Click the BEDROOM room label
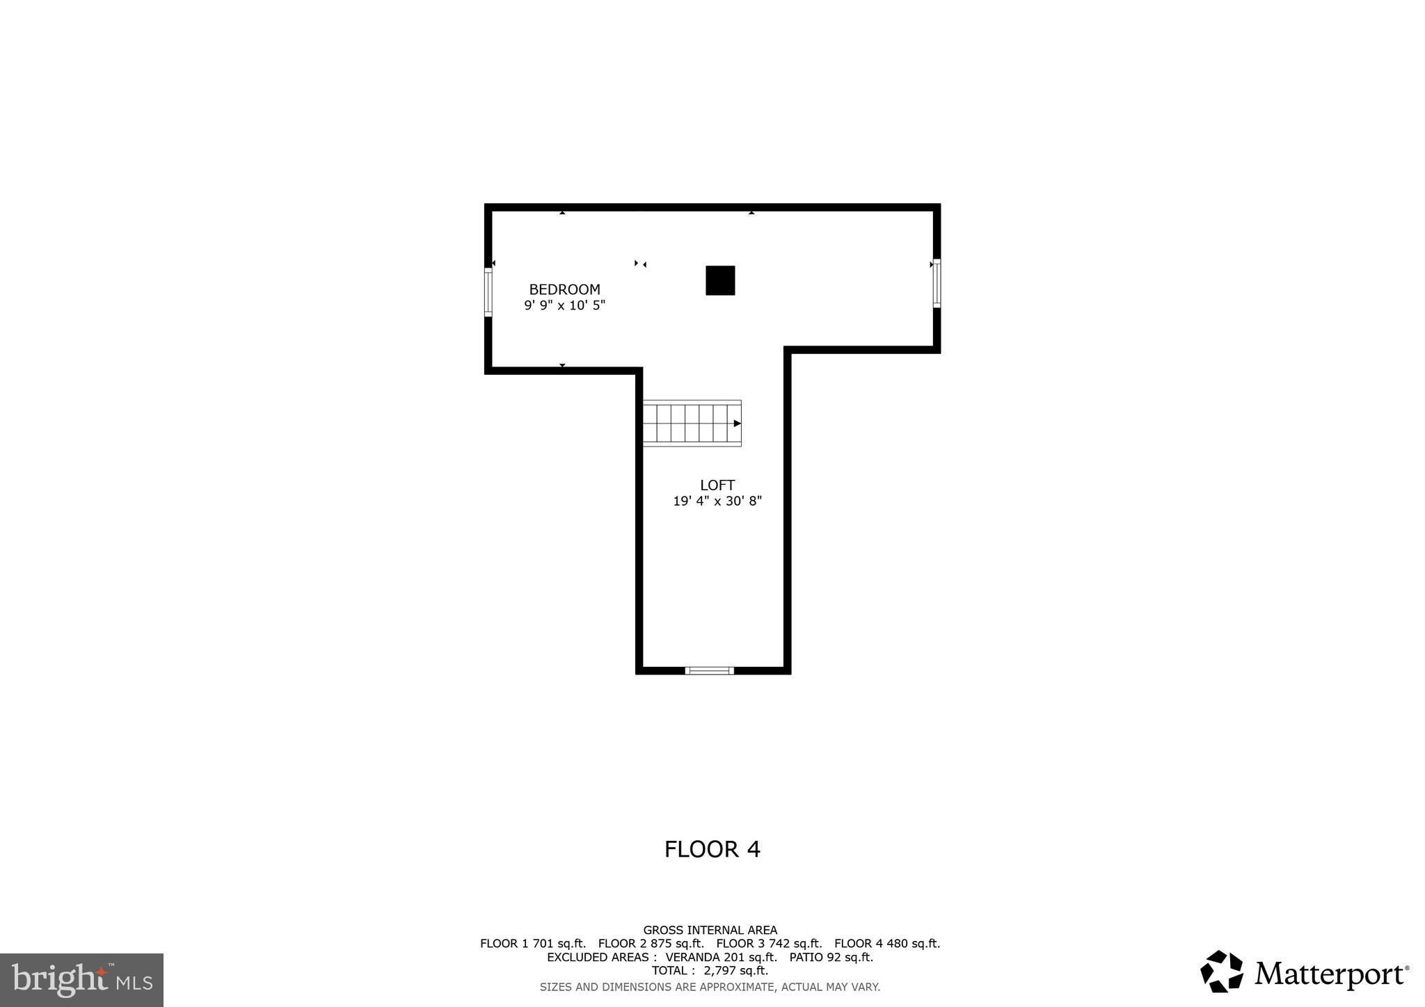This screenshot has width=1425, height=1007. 564,289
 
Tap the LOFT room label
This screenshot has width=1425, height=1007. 717,485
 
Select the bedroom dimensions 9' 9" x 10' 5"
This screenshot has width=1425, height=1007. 564,305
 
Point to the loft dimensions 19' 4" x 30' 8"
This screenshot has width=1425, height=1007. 717,501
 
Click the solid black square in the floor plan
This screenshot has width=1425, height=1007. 720,280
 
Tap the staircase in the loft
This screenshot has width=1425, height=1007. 691,423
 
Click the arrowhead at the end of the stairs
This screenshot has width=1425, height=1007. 737,423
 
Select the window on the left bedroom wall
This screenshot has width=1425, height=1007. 488,293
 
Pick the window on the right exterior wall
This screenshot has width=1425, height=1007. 937,283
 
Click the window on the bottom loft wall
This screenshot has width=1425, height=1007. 709,670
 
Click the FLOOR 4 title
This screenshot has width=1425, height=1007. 712,849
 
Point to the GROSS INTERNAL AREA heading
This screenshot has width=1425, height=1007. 710,930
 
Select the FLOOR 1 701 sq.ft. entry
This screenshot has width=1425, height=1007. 532,944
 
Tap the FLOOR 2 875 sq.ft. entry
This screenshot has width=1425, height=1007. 651,944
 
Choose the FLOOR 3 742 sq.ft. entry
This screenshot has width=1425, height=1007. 769,944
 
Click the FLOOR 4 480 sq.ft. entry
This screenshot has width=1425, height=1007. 887,944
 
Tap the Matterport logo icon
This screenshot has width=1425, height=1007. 1221,972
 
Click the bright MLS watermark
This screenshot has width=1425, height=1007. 82,980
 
